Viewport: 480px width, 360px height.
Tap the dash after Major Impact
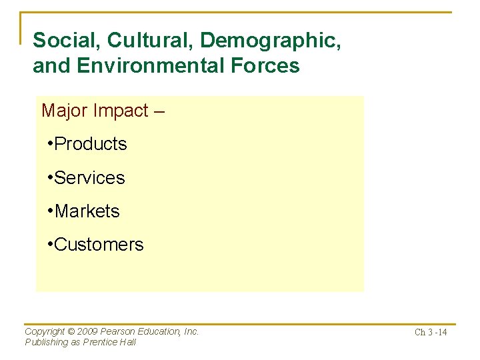point(159,111)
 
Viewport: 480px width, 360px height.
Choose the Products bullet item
point(90,144)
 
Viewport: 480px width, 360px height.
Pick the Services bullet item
point(89,178)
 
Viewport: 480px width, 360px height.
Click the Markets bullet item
point(87,211)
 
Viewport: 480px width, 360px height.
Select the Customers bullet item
point(99,245)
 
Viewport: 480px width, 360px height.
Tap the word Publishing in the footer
point(46,342)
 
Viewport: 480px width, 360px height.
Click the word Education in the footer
point(157,331)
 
